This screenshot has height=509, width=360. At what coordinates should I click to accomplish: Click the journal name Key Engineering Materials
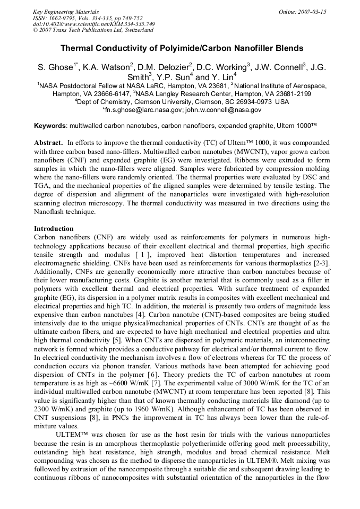pos(65,11)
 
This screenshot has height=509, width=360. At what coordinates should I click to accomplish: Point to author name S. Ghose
pos(55,68)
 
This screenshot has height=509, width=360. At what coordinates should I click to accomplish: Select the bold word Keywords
pos(50,126)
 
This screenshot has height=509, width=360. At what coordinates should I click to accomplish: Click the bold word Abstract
pos(49,143)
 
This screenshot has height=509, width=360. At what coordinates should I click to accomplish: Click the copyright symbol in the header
pos(36,30)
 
